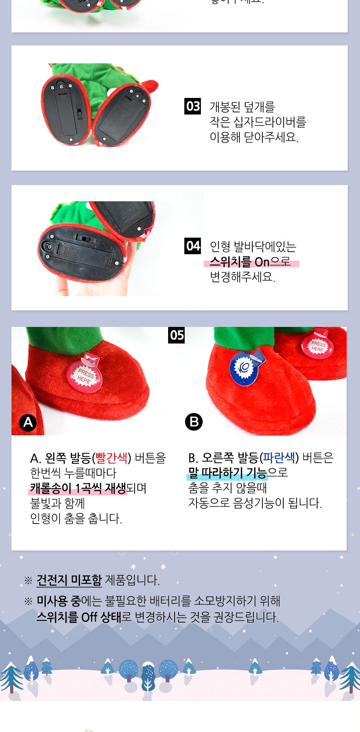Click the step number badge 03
[193, 106]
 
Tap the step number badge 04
[193, 246]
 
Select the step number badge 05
[176, 335]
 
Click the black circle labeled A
[28, 422]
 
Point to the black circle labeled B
[194, 422]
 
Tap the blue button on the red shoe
[245, 368]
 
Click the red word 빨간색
[112, 458]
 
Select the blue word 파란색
[279, 458]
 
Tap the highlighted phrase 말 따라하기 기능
[228, 473]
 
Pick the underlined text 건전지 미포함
[69, 580]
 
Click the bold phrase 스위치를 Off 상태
[79, 617]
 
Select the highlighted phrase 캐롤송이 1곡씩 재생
[78, 488]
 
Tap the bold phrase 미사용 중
[59, 601]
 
